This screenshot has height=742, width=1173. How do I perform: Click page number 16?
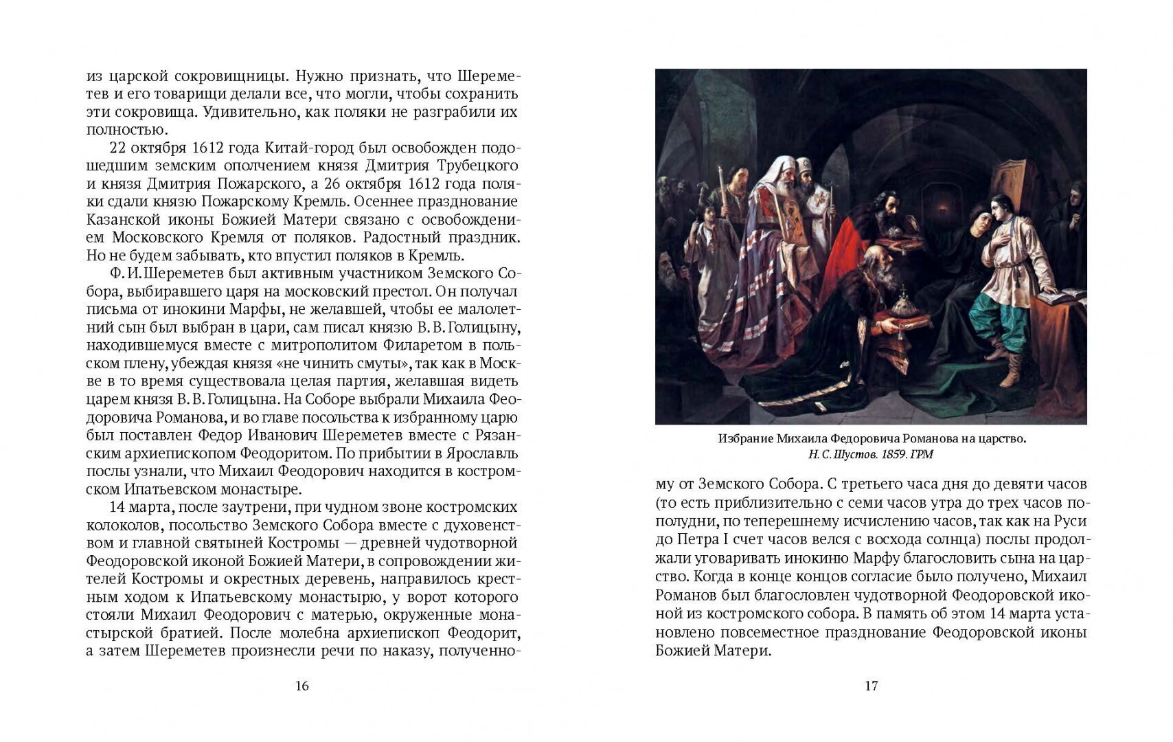(301, 686)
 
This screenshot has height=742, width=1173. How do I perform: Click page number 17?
(871, 686)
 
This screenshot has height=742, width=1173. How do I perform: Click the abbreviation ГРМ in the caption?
(922, 455)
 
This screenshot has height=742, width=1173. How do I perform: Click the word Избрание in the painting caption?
(745, 439)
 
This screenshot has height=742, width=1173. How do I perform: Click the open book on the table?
(1061, 297)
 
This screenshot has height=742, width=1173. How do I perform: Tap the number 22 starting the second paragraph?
(118, 148)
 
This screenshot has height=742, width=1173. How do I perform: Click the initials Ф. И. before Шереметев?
(124, 273)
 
